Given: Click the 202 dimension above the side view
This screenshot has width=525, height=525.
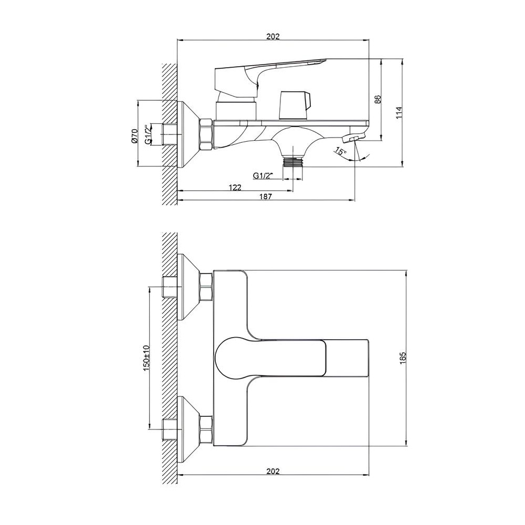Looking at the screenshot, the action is (x=273, y=36).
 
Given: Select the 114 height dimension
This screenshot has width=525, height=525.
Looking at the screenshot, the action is (x=398, y=112).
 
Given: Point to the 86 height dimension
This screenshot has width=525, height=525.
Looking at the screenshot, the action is (x=377, y=99).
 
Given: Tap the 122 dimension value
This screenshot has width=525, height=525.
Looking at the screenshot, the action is (x=235, y=187).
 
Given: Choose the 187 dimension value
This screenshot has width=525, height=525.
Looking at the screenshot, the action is (x=266, y=196).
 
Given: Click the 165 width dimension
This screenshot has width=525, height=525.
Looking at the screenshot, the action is (x=403, y=358).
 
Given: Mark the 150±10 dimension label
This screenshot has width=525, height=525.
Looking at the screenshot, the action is (x=146, y=357).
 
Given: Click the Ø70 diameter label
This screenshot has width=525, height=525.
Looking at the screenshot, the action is (x=134, y=136).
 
